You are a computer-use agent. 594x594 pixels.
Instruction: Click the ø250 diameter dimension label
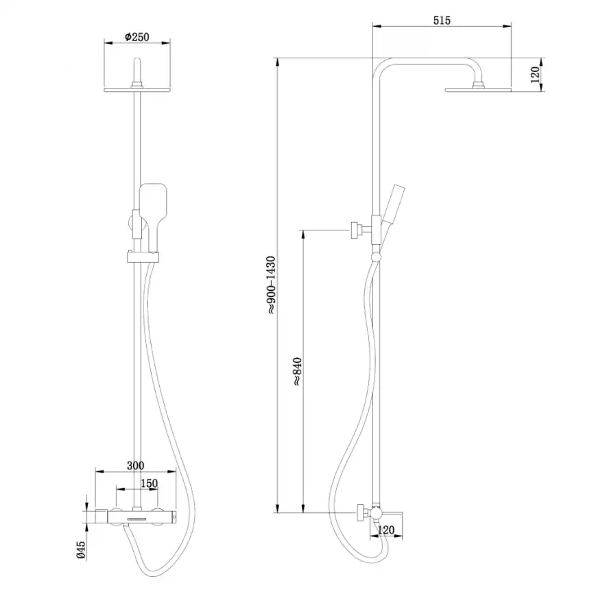pyautogui.click(x=136, y=37)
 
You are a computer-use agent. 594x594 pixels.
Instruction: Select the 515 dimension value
pyautogui.click(x=441, y=21)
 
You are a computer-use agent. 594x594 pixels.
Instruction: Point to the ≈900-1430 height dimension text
pyautogui.click(x=271, y=285)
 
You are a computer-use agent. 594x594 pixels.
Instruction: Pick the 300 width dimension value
pyautogui.click(x=136, y=465)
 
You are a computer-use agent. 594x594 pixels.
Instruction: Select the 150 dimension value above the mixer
pyautogui.click(x=149, y=483)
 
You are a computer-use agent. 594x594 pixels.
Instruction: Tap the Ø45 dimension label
pyautogui.click(x=81, y=550)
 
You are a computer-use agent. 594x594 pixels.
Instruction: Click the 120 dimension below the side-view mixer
pyautogui.click(x=386, y=530)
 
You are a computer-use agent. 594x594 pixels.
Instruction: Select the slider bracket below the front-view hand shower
pyautogui.click(x=143, y=257)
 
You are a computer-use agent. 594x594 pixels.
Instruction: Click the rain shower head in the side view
pyautogui.click(x=478, y=88)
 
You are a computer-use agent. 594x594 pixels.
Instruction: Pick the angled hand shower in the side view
pyautogui.click(x=392, y=206)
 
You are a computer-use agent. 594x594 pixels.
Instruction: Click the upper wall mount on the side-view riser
pyautogui.click(x=357, y=229)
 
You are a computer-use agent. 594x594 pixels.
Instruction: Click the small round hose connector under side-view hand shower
pyautogui.click(x=375, y=257)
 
